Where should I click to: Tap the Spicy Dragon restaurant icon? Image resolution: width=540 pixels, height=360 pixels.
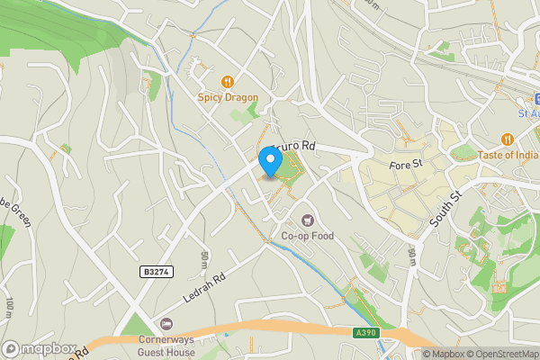click(228, 82)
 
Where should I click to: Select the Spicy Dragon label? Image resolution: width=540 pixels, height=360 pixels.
click(228, 97)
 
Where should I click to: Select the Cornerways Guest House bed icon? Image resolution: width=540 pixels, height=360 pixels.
click(165, 324)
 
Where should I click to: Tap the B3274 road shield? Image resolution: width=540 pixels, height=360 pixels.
click(156, 271)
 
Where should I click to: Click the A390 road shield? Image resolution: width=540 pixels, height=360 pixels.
click(363, 332)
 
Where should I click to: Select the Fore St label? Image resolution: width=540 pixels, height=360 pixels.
click(406, 165)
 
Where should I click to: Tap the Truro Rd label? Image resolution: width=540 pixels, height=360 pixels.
click(293, 146)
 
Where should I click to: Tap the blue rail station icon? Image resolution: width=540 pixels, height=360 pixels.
click(534, 98)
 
